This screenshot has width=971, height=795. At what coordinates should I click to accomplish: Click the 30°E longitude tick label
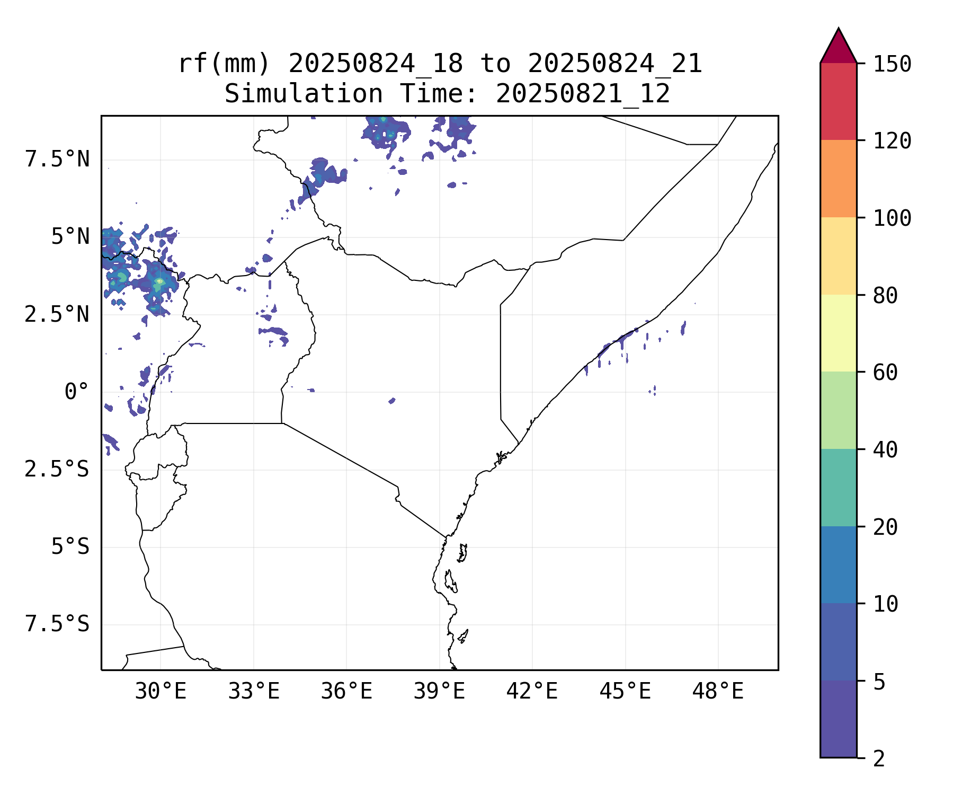click(161, 692)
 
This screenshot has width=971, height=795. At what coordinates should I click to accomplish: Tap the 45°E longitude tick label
click(625, 692)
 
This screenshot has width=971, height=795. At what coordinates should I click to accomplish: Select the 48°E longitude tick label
click(718, 692)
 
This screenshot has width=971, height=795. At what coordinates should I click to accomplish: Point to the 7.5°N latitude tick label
click(57, 159)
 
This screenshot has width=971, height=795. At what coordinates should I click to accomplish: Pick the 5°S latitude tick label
click(70, 547)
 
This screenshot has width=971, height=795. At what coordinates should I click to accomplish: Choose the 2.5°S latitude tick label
click(57, 470)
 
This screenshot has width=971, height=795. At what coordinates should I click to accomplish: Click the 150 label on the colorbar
click(892, 64)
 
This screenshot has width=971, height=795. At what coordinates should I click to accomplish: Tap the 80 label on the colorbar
click(885, 296)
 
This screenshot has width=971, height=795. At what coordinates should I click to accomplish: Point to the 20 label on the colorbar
click(885, 527)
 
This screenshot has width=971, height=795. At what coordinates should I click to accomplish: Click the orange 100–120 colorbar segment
click(838, 179)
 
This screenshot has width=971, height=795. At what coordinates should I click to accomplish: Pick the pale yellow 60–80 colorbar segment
click(838, 333)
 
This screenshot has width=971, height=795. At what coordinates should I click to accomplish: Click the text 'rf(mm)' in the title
click(224, 64)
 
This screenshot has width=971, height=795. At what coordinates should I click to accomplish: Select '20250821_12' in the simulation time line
click(583, 94)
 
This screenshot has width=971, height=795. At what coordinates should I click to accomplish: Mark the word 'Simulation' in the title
click(304, 94)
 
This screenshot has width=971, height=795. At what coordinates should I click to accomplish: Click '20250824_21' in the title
click(614, 64)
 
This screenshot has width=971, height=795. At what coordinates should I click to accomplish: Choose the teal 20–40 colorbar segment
click(838, 488)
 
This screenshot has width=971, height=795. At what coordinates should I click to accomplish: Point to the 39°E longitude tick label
click(439, 692)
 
